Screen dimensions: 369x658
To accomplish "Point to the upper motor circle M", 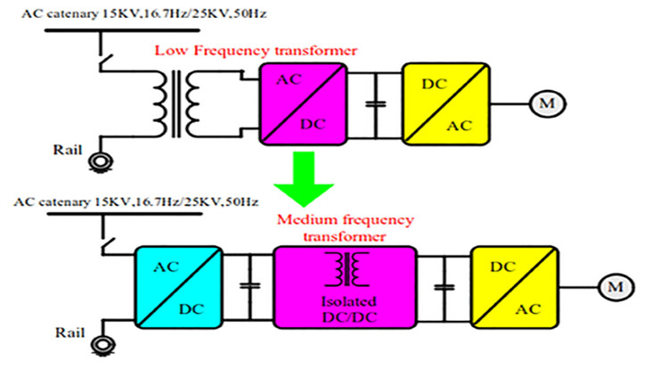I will pos(542,103).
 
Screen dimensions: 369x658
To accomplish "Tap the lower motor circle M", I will pos(613,288).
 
